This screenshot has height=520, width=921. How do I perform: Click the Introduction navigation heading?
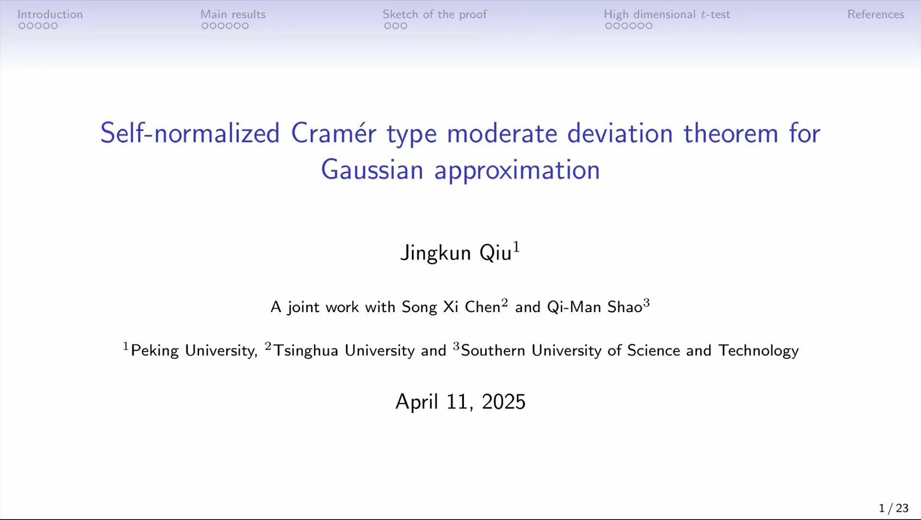click(x=50, y=14)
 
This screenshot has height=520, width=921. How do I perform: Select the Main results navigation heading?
click(x=233, y=14)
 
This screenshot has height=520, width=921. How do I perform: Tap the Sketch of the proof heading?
click(x=435, y=14)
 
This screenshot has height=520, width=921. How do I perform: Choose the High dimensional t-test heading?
click(x=667, y=14)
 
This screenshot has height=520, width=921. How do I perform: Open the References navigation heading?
click(x=875, y=14)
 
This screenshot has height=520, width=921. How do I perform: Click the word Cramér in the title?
click(x=334, y=133)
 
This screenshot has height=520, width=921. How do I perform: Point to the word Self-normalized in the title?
click(x=190, y=133)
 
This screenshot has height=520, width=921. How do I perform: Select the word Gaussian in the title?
click(x=372, y=170)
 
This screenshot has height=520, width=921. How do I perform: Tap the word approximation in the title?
click(x=517, y=171)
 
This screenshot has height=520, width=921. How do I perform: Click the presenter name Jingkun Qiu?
click(x=460, y=253)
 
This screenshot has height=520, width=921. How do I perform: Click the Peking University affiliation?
click(x=193, y=351)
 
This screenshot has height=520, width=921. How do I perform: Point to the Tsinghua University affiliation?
click(x=344, y=351)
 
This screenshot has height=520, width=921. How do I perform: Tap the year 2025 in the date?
click(x=504, y=402)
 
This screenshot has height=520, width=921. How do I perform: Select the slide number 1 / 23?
click(x=894, y=508)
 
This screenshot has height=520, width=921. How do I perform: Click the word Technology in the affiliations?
click(x=758, y=351)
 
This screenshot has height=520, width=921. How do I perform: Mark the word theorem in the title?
click(x=731, y=133)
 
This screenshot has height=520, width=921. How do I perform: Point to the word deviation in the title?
click(x=620, y=133)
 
